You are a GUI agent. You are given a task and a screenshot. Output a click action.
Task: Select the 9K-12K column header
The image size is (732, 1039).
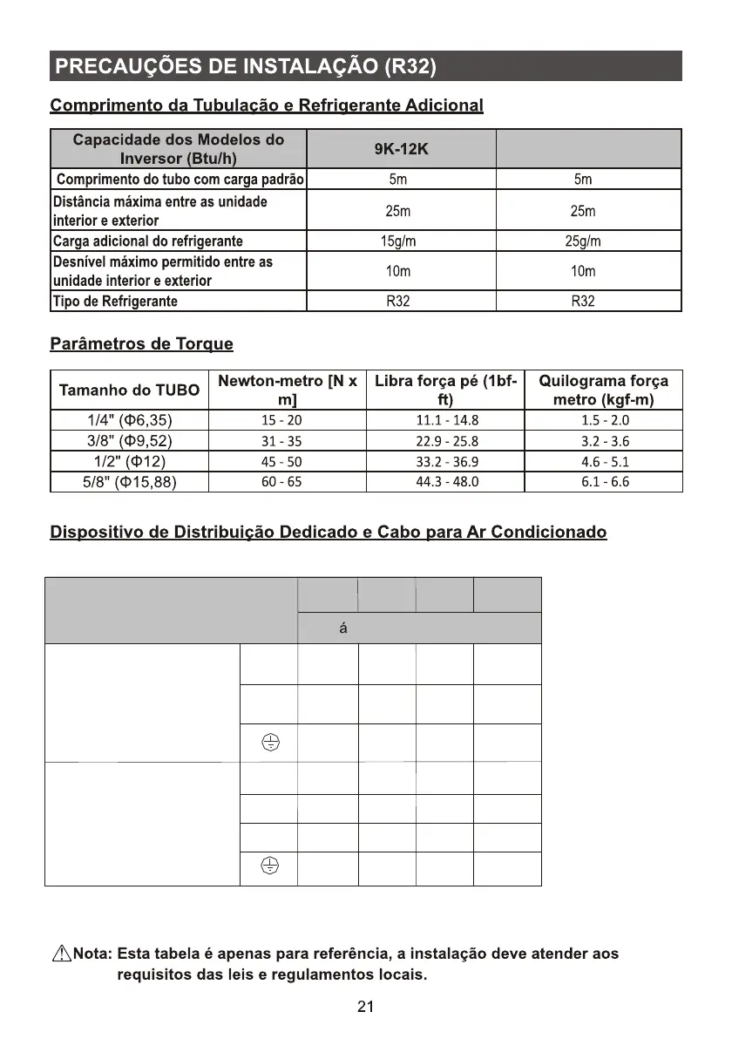click(401, 149)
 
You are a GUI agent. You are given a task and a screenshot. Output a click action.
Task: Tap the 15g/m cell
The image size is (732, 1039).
click(398, 241)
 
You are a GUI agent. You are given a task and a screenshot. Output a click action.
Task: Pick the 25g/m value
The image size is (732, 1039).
click(583, 241)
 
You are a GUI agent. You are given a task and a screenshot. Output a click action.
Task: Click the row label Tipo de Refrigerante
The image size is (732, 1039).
click(116, 302)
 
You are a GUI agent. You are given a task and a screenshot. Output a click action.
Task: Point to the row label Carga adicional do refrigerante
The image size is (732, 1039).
click(148, 241)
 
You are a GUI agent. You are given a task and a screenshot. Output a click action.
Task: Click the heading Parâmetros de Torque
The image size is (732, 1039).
click(141, 343)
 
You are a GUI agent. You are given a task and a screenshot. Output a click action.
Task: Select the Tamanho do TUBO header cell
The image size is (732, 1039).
click(129, 390)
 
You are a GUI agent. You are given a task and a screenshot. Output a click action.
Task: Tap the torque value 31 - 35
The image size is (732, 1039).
click(281, 441)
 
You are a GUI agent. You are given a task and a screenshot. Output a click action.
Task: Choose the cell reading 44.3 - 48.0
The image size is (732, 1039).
click(447, 481)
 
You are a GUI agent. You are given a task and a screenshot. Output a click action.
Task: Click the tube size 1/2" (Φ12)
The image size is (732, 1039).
click(129, 461)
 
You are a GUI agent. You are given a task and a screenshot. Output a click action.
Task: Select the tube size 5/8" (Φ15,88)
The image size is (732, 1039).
click(129, 481)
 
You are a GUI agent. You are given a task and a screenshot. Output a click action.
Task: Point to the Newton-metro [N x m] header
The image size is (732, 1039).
click(287, 390)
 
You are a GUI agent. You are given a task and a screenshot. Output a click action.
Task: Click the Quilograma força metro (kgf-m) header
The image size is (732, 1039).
click(604, 390)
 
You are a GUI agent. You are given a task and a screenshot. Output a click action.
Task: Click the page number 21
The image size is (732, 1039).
click(366, 1008)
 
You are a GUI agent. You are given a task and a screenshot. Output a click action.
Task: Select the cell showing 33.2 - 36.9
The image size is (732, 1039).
click(447, 461)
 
